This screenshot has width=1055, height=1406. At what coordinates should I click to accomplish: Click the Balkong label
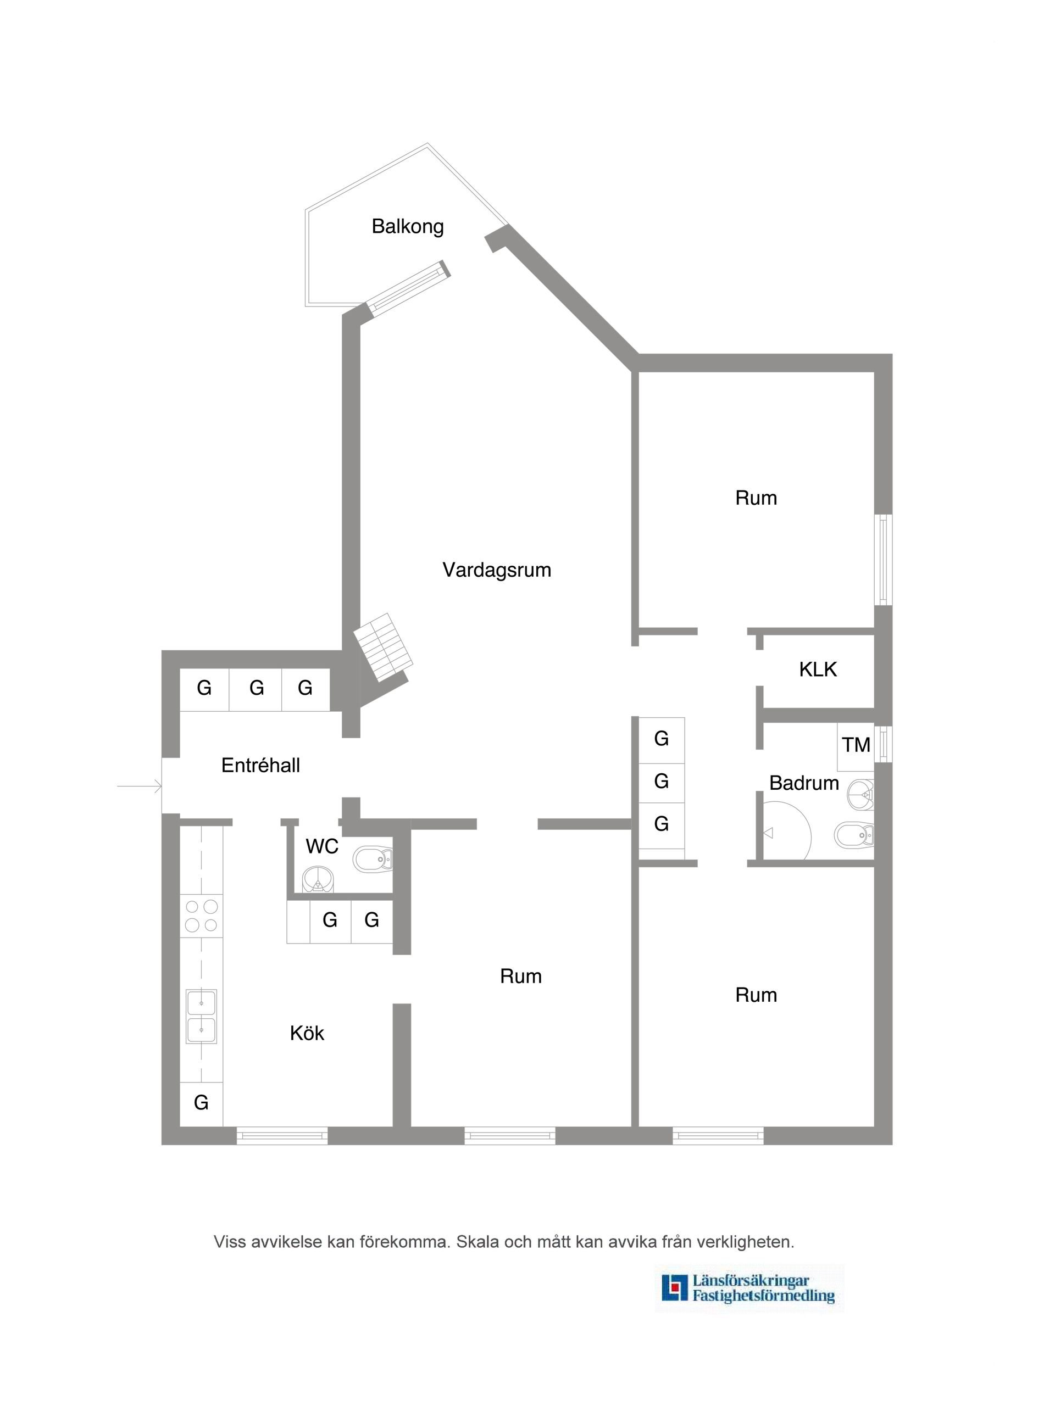(408, 227)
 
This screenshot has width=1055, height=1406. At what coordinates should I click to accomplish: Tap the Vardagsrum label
(497, 570)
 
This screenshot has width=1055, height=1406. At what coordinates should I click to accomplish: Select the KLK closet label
(818, 669)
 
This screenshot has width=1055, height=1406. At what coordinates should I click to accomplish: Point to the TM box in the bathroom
(856, 745)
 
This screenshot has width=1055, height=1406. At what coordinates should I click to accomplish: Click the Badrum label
(804, 783)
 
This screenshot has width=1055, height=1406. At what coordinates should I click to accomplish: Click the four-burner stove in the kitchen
(201, 916)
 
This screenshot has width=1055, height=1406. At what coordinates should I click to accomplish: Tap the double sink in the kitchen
(201, 1016)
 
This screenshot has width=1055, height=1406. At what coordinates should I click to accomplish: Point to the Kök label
(307, 1034)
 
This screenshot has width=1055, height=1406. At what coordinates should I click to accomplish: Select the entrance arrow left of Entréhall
(140, 787)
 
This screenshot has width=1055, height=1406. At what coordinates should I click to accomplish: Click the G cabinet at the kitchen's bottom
(201, 1103)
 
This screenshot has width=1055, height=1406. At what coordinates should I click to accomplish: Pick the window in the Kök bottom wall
(282, 1136)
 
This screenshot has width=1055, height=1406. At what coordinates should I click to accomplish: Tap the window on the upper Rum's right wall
(882, 560)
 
